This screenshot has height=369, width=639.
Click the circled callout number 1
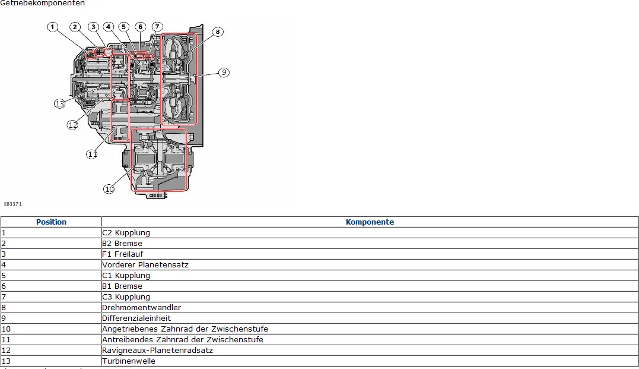click(53, 27)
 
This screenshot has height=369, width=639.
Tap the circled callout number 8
click(218, 31)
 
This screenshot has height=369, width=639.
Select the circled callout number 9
click(223, 72)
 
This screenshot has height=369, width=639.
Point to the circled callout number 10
click(109, 189)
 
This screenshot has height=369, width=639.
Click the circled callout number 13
click(59, 103)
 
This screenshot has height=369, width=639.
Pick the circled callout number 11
click(92, 154)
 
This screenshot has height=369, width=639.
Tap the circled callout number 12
click(72, 125)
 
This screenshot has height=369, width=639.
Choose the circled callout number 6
click(140, 27)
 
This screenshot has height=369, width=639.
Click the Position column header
click(51, 222)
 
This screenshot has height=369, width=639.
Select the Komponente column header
click(370, 222)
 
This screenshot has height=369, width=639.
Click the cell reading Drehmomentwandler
click(141, 308)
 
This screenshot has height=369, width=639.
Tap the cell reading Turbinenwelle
click(129, 361)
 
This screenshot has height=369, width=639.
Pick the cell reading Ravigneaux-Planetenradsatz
click(157, 351)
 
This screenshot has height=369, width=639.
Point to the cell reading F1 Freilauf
click(122, 254)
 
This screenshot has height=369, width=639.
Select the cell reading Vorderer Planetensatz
click(145, 265)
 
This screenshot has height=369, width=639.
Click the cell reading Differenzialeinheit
click(136, 318)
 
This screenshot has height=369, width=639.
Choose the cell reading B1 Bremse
click(122, 286)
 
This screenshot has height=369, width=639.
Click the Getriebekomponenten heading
click(42, 3)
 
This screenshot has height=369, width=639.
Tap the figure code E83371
click(12, 204)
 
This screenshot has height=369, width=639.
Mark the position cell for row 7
click(51, 297)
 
